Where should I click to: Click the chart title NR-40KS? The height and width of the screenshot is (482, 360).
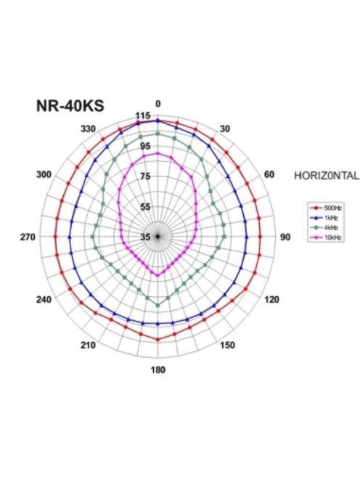[x=70, y=106]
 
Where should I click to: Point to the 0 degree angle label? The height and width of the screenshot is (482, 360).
[x=158, y=103]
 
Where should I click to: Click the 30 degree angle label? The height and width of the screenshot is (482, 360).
[x=225, y=128]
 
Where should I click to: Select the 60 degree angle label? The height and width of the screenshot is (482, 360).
[x=269, y=175]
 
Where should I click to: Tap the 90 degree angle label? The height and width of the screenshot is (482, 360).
[x=285, y=237]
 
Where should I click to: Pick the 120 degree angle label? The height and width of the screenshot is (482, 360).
[x=271, y=299]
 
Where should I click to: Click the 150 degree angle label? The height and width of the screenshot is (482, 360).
[x=227, y=345]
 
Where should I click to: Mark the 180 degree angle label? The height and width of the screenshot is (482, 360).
[x=158, y=370]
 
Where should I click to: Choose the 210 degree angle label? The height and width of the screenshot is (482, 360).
[x=88, y=345]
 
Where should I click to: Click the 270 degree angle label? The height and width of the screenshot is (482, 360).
[x=30, y=237]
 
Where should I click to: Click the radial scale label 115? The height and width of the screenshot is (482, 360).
[x=143, y=116]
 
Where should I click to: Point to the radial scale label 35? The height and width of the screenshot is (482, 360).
[x=145, y=237]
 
